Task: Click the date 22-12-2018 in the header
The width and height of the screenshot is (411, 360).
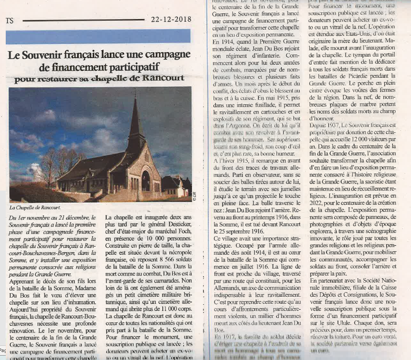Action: click(171, 19)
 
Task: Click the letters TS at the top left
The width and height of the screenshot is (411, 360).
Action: click(10, 20)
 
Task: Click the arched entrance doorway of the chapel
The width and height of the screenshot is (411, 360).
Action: click(146, 181)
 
